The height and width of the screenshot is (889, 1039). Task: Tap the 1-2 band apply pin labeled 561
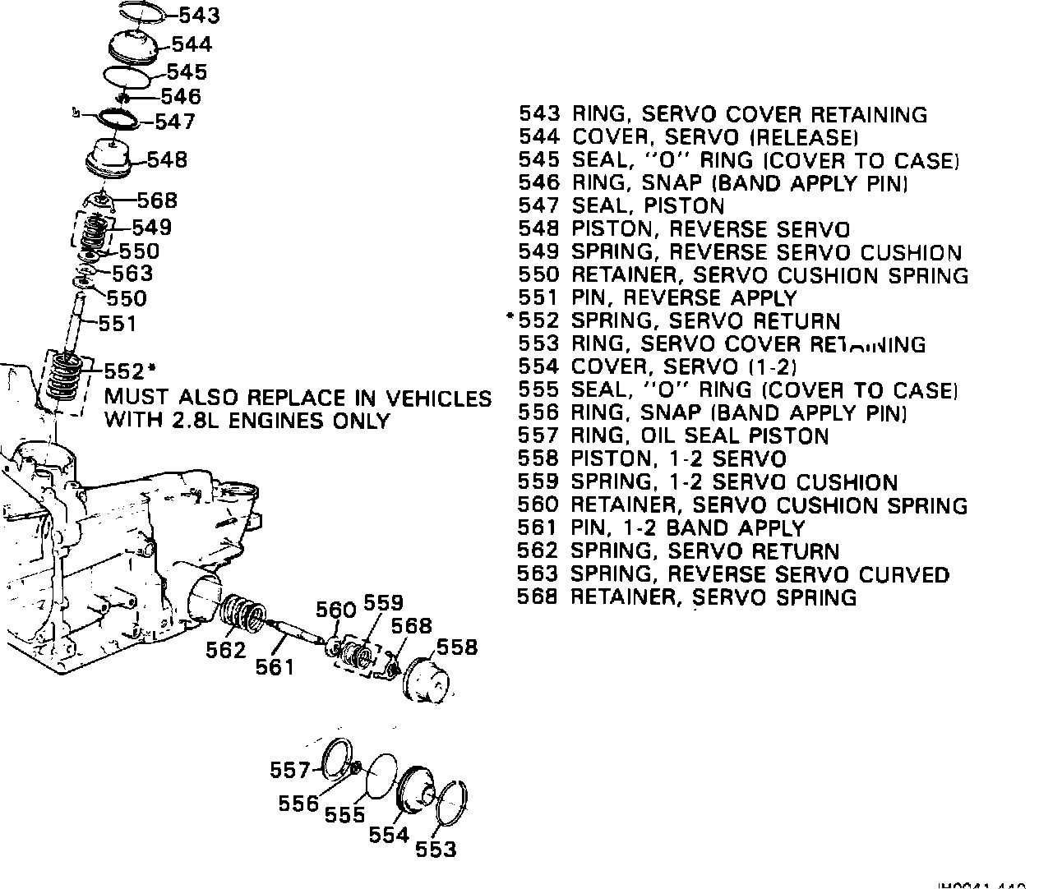(x=294, y=633)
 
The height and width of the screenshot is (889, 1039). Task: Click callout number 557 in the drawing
(x=289, y=770)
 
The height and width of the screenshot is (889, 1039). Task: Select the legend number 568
(x=538, y=597)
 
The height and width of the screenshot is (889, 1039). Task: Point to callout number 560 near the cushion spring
(x=336, y=610)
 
